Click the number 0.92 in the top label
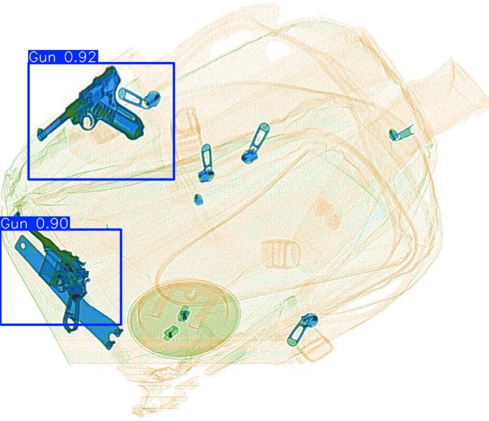(80, 57)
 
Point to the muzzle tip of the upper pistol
(40, 135)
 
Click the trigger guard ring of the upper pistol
(87, 122)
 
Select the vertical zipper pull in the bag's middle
(205, 161)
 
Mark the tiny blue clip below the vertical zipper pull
(199, 199)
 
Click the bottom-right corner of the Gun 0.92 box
(174, 179)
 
